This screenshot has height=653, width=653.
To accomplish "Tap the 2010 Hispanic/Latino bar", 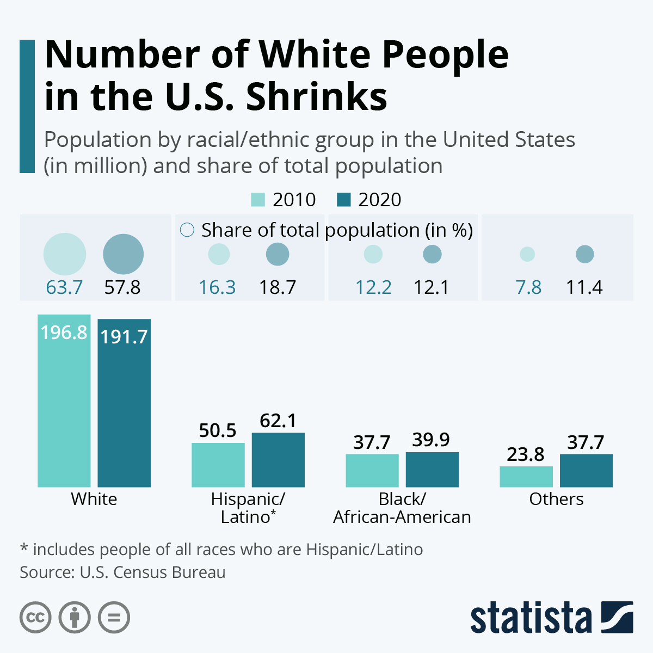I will pyautogui.click(x=218, y=465).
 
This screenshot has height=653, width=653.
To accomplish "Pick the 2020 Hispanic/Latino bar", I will pyautogui.click(x=278, y=460).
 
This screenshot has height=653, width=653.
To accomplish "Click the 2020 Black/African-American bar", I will pyautogui.click(x=432, y=470).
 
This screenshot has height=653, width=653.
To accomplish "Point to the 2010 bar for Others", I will pyautogui.click(x=526, y=477).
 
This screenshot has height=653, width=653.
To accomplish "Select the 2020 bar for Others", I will pyautogui.click(x=586, y=471).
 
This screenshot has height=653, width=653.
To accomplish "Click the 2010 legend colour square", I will pyautogui.click(x=258, y=200).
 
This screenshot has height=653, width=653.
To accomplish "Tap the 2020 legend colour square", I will pyautogui.click(x=344, y=200).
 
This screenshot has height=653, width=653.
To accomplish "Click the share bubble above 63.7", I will pyautogui.click(x=65, y=254).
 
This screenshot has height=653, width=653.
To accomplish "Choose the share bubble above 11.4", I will pyautogui.click(x=585, y=254).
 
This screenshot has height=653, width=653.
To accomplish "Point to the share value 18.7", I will pyautogui.click(x=278, y=287).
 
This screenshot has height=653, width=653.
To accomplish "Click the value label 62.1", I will pyautogui.click(x=278, y=421).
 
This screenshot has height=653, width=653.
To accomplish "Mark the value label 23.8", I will pyautogui.click(x=526, y=454).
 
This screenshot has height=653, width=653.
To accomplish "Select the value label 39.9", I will pyautogui.click(x=431, y=440).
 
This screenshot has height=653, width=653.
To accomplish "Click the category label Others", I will pyautogui.click(x=556, y=499).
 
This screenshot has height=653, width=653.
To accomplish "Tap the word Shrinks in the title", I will pyautogui.click(x=317, y=97).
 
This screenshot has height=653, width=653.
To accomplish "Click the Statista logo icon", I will pyautogui.click(x=617, y=617).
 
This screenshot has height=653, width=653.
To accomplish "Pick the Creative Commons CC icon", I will pyautogui.click(x=35, y=618).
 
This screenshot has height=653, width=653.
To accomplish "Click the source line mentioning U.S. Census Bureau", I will pyautogui.click(x=122, y=572).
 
